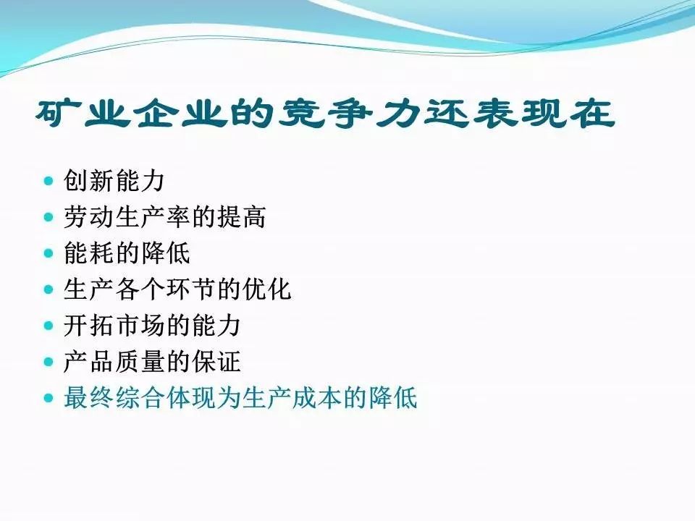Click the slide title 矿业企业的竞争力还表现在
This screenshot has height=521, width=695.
tap(325, 114)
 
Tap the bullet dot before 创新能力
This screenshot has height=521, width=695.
tap(49, 181)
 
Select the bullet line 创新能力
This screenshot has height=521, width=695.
tap(114, 180)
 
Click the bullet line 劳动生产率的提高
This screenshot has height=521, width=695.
tap(165, 216)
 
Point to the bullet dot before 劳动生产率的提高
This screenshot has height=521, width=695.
tap(49, 217)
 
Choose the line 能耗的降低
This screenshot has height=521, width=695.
tap(127, 253)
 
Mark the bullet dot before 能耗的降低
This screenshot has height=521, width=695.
tap(49, 253)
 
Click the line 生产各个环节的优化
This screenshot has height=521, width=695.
tap(177, 289)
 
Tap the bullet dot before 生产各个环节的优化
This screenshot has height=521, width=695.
tap(49, 289)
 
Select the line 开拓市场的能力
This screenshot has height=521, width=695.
tap(152, 326)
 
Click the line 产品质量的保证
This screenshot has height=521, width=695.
tap(152, 362)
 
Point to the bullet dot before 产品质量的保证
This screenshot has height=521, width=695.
tap(49, 363)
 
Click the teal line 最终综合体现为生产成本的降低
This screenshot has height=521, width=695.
tap(240, 398)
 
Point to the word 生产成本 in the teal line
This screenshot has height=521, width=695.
tap(291, 398)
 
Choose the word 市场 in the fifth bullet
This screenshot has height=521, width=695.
tap(140, 326)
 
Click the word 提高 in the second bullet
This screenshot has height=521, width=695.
tap(240, 216)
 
